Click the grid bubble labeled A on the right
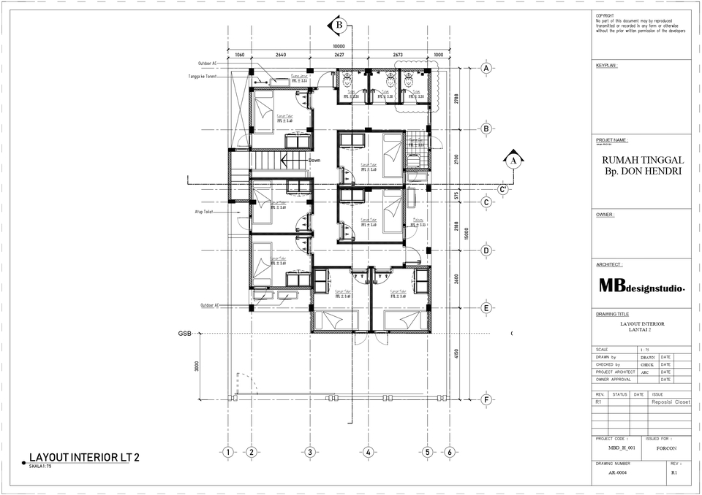pos(486,69)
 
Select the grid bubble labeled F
pos(486,399)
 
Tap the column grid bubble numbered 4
pos(369,452)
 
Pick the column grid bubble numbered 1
pos(229,452)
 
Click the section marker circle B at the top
pos(339,26)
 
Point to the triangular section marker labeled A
pos(513,161)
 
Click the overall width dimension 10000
pos(339,45)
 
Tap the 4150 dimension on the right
pos(456,354)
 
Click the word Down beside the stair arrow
pos(314,161)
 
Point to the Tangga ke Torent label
pos(203,76)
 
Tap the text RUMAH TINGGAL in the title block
pos(642,160)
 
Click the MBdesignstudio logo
pos(641,287)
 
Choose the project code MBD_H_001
pos(622,447)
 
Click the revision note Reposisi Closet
pos(671,402)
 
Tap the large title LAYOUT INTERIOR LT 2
pos(83,458)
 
